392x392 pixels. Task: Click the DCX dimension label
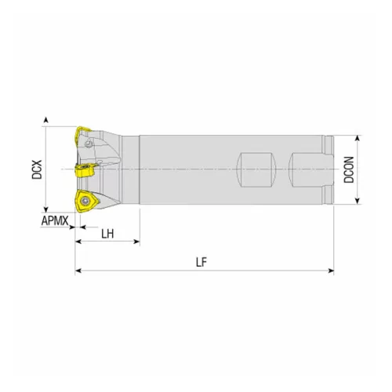pyautogui.click(x=37, y=169)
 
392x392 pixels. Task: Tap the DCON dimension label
pyautogui.click(x=349, y=169)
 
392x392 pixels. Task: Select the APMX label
pyautogui.click(x=55, y=221)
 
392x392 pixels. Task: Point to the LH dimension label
pyautogui.click(x=107, y=234)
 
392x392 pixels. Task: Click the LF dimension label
pyautogui.click(x=201, y=262)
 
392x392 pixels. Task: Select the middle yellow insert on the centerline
pyautogui.click(x=85, y=170)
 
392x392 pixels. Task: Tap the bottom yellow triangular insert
pyautogui.click(x=87, y=201)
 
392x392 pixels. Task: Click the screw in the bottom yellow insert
pyautogui.click(x=85, y=201)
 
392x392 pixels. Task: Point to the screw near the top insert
pyautogui.click(x=89, y=143)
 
